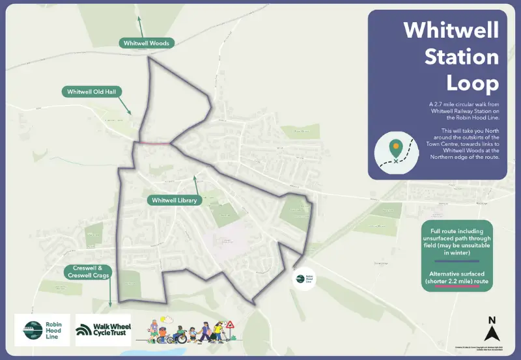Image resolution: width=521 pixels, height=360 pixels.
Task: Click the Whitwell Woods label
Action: point(147,43)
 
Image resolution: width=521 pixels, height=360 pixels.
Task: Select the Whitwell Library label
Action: point(175,201)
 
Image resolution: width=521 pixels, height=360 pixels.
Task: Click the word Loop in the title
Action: point(472,83)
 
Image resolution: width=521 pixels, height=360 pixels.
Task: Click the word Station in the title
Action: point(462,57)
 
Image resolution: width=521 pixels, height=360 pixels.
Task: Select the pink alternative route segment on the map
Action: point(154,142)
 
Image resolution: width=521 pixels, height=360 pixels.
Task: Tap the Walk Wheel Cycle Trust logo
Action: point(103,331)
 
